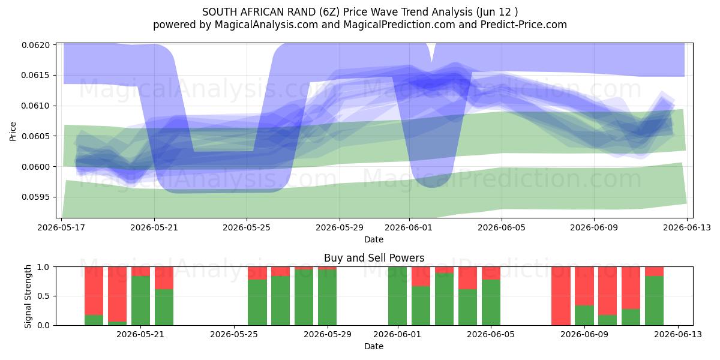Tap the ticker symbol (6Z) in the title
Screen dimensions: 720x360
click(330, 12)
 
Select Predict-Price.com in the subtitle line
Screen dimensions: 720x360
click(524, 25)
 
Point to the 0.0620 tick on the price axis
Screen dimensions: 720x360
click(36, 45)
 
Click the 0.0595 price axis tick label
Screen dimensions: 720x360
click(36, 197)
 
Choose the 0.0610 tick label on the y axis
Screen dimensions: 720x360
click(36, 106)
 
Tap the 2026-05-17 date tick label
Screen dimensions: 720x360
click(61, 227)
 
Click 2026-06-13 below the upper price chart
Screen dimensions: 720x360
click(687, 227)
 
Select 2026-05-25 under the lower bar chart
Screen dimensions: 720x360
click(233, 335)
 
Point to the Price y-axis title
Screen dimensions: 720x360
click(13, 131)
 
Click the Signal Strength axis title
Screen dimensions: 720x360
click(28, 296)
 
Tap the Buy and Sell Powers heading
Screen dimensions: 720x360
click(374, 258)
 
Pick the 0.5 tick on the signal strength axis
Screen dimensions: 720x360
click(44, 296)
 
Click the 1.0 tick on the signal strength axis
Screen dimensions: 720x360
click(44, 267)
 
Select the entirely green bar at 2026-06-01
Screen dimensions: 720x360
click(397, 296)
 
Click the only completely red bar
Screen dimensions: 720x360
click(561, 296)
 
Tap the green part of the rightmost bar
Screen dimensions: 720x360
click(654, 301)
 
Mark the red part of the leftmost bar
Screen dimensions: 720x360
click(94, 291)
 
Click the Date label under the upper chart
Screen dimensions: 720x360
click(374, 239)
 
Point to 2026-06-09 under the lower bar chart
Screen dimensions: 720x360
click(584, 335)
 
